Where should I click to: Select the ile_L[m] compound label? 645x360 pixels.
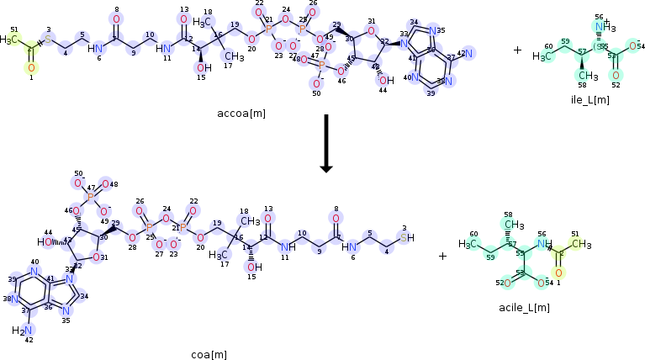tap(589, 99)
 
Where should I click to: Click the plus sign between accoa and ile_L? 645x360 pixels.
tap(517, 50)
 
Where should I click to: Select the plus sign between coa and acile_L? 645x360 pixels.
tap(442, 256)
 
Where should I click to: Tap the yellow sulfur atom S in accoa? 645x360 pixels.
tap(48, 40)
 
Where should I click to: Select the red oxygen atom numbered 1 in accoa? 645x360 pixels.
tap(31, 67)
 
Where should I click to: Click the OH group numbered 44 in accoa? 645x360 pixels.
tap(386, 80)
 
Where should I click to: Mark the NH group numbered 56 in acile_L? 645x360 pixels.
tap(544, 244)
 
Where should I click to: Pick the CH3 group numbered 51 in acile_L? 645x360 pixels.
tap(577, 244)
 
